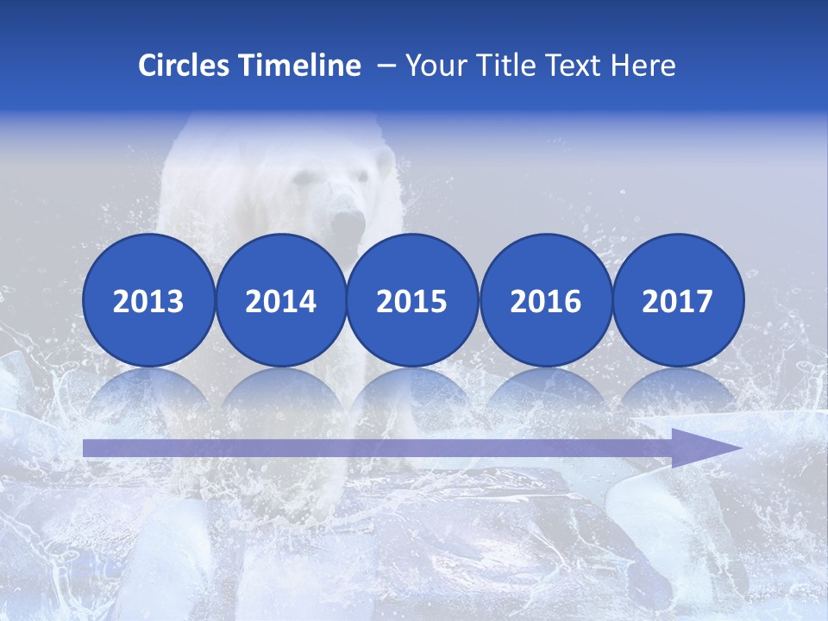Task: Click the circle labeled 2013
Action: [x=148, y=300]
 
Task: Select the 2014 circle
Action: [x=280, y=300]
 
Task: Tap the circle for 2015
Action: [x=412, y=300]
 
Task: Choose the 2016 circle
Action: [x=545, y=300]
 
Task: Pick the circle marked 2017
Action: [x=678, y=300]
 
